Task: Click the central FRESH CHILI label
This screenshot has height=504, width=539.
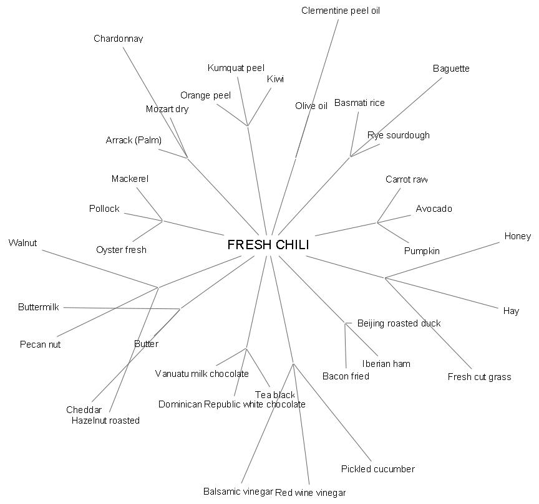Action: pyautogui.click(x=268, y=245)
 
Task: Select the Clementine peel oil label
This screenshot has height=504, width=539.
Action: pyautogui.click(x=340, y=11)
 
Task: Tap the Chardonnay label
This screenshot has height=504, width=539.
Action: pyautogui.click(x=118, y=39)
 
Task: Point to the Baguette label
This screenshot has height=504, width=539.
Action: pyautogui.click(x=450, y=69)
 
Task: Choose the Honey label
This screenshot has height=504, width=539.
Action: pyautogui.click(x=517, y=236)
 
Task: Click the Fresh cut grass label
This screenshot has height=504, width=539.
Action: pyautogui.click(x=479, y=377)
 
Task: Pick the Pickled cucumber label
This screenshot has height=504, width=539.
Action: pyautogui.click(x=377, y=469)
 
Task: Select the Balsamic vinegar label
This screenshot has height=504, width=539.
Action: pyautogui.click(x=238, y=492)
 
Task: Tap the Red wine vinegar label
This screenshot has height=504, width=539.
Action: pyautogui.click(x=310, y=493)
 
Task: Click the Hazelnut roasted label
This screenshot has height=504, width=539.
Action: pyautogui.click(x=105, y=421)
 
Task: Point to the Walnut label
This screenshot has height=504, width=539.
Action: pyautogui.click(x=22, y=243)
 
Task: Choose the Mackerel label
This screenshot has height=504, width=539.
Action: pyautogui.click(x=130, y=179)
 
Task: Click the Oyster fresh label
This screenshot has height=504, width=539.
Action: pyautogui.click(x=121, y=250)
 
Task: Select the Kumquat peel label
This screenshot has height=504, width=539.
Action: pyautogui.click(x=236, y=68)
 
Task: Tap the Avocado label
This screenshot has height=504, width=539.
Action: pyautogui.click(x=434, y=209)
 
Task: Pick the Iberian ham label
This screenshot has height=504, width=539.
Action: pyautogui.click(x=386, y=364)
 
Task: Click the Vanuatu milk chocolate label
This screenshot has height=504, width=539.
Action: pyautogui.click(x=202, y=374)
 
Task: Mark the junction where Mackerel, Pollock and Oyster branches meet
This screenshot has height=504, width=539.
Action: pyautogui.click(x=162, y=221)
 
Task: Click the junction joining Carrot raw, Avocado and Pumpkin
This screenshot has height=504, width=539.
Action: pyautogui.click(x=377, y=222)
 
